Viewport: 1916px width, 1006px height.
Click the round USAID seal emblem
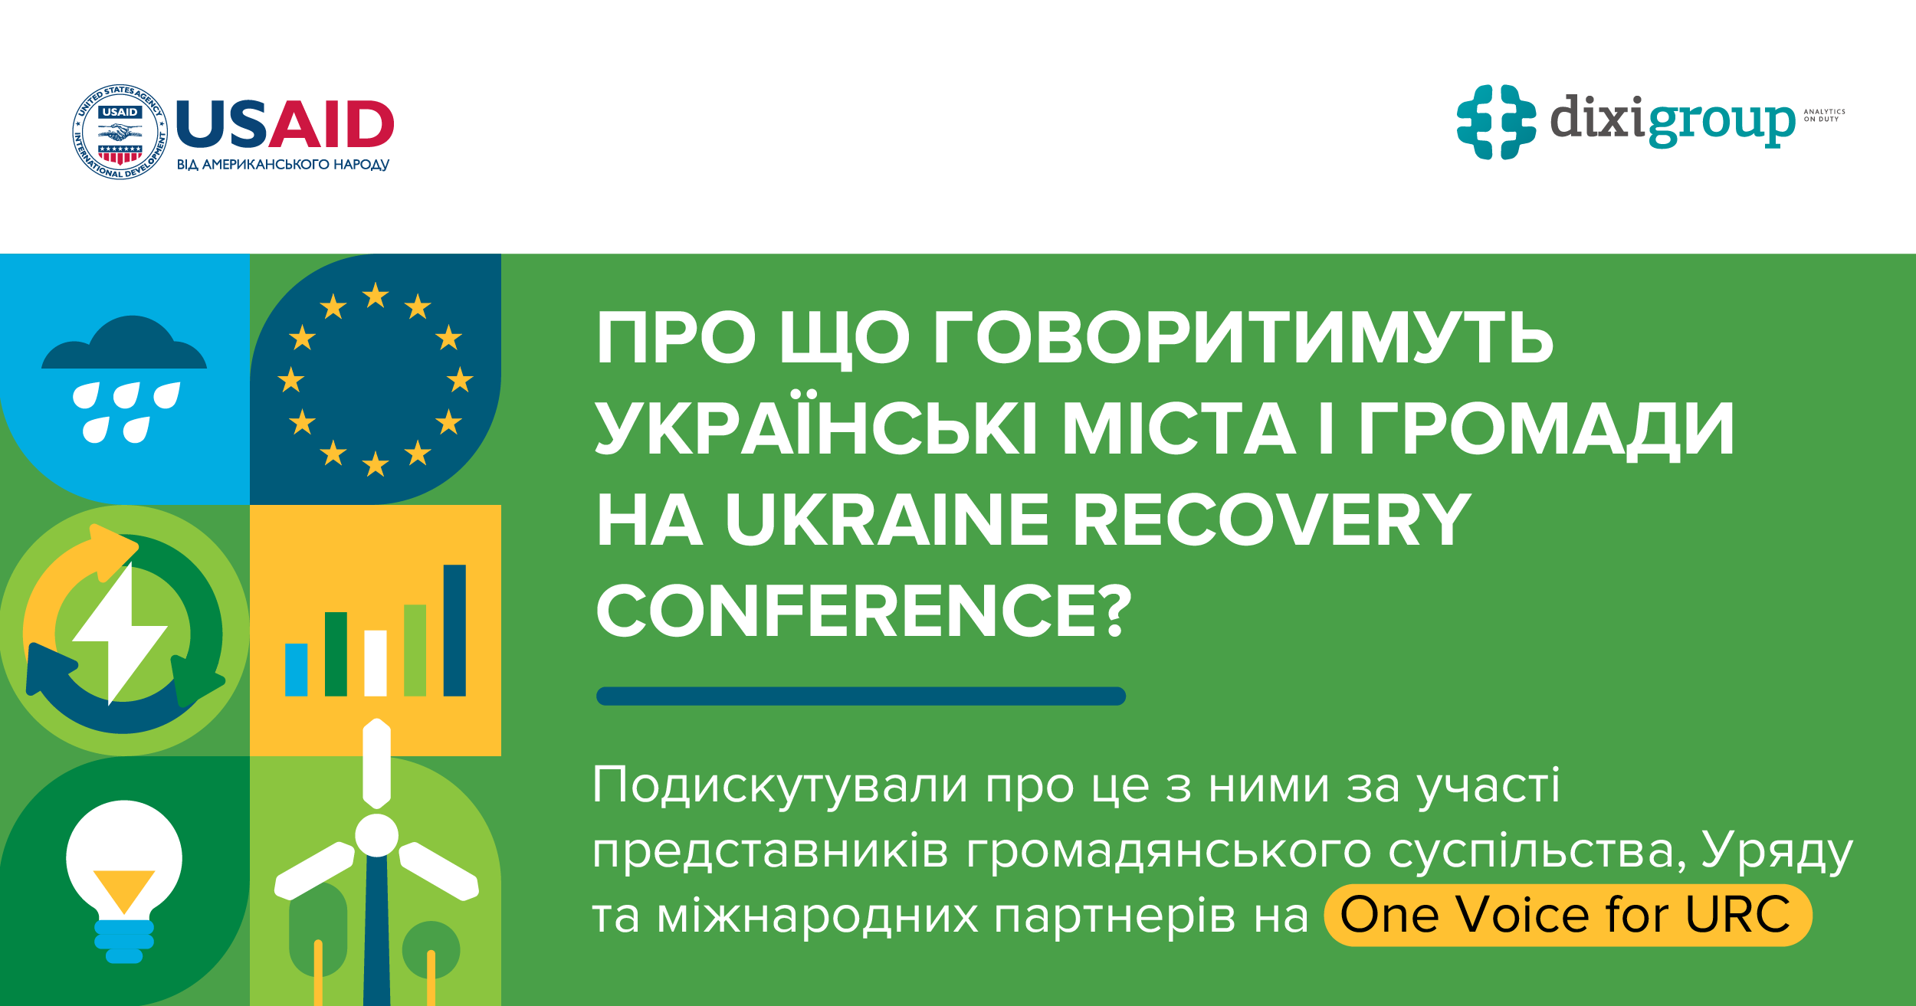pos(120,132)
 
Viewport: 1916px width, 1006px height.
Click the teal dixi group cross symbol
pos(1496,122)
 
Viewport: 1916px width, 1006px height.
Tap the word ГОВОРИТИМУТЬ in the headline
pos(1243,339)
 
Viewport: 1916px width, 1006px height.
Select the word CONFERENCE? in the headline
pos(864,611)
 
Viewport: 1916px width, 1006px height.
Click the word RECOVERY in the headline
pos(1271,520)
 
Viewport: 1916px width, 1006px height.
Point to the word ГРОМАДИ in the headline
pos(1547,429)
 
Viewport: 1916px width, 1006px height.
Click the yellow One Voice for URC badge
pos(1567,915)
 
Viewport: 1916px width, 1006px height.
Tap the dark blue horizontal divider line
pos(861,696)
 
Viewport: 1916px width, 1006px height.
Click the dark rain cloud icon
pos(124,346)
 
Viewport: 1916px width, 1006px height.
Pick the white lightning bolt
pos(121,632)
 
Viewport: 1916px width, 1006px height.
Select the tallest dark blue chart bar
pos(454,630)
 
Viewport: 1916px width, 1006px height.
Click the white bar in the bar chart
pos(376,663)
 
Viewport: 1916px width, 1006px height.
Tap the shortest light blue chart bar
pos(296,669)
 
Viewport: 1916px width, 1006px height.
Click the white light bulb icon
pos(124,862)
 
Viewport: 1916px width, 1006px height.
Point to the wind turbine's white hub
pos(376,835)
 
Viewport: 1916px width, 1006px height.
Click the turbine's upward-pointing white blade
pos(376,762)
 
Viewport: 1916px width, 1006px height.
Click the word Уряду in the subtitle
pos(1777,851)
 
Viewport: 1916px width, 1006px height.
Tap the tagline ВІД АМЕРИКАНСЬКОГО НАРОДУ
pos(283,165)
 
